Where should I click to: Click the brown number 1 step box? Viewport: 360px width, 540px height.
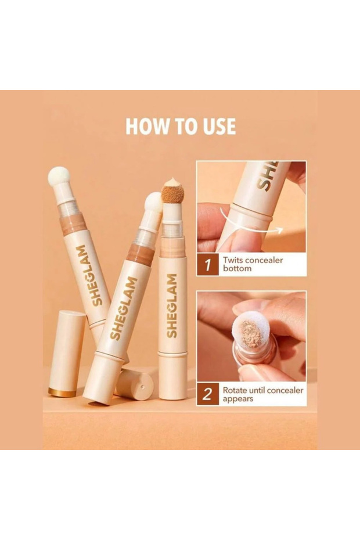[208, 264]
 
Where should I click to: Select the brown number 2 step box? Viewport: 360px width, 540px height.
[208, 394]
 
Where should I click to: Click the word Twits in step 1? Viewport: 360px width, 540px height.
[233, 260]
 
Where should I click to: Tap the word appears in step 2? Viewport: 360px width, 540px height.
[238, 399]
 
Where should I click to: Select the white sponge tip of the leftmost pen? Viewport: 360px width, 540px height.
[59, 177]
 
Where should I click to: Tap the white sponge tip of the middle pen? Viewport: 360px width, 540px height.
[153, 203]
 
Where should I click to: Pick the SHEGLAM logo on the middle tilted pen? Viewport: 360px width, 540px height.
[123, 308]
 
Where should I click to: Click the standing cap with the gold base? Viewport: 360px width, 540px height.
[67, 354]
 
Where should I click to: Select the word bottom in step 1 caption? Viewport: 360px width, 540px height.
[237, 269]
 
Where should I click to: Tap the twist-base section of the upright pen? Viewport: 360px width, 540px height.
[173, 376]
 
